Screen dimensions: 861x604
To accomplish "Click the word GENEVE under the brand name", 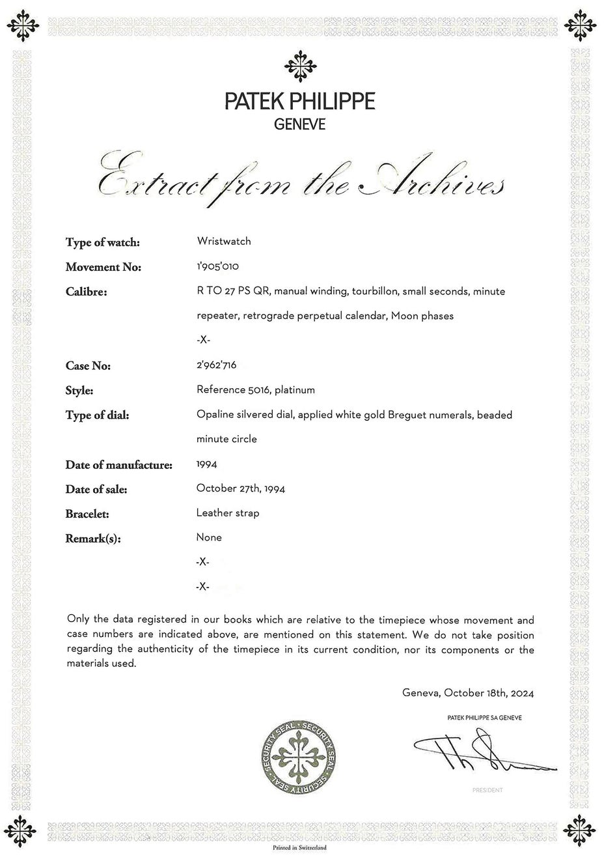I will pyautogui.click(x=300, y=124).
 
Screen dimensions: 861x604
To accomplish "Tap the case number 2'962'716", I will pyautogui.click(x=216, y=365).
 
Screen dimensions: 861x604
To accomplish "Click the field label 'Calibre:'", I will pyautogui.click(x=86, y=292).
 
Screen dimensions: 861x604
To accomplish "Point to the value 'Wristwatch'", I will pyautogui.click(x=223, y=241).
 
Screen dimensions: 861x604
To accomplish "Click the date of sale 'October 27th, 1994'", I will pyautogui.click(x=240, y=488).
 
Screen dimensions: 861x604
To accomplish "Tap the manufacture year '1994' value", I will pyautogui.click(x=206, y=464).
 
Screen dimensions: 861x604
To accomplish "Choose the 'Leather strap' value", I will pyautogui.click(x=227, y=513).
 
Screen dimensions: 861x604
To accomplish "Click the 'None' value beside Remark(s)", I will pyautogui.click(x=208, y=537).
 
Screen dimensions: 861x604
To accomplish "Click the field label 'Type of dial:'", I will pyautogui.click(x=97, y=415).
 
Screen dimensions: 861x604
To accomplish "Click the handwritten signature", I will pyautogui.click(x=482, y=754).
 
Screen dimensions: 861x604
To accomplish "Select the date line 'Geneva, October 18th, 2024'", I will pyautogui.click(x=467, y=693).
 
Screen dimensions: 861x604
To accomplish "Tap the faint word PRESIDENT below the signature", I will pyautogui.click(x=487, y=790).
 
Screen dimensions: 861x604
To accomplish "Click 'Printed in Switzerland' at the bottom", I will pyautogui.click(x=300, y=847).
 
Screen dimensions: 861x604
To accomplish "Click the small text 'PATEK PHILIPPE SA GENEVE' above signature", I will pyautogui.click(x=484, y=718).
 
